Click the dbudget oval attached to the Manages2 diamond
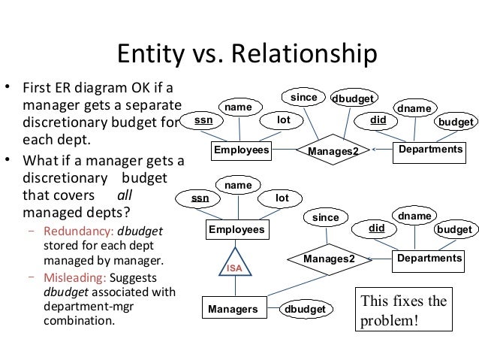click(x=355, y=98)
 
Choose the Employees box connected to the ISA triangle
click(x=236, y=228)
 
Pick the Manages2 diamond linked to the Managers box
click(x=327, y=259)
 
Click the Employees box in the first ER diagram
click(x=241, y=151)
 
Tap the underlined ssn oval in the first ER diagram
click(x=203, y=119)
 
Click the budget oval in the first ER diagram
click(x=455, y=121)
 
